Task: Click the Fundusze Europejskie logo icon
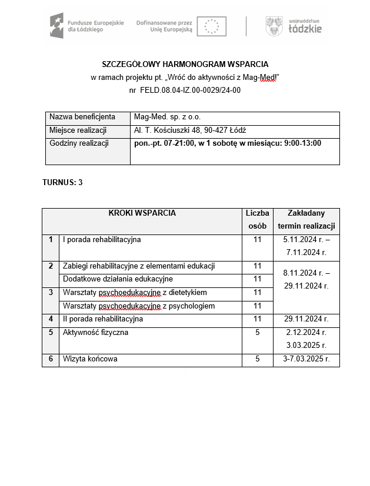(56, 26)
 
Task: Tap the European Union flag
(211, 26)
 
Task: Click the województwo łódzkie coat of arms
(274, 26)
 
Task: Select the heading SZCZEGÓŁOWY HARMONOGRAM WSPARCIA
(185, 64)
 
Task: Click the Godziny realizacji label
(79, 143)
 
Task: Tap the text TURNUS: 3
(62, 182)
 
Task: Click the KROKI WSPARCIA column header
(142, 213)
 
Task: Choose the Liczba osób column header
(257, 220)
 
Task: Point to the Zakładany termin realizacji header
(306, 220)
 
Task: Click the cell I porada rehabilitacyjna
(102, 240)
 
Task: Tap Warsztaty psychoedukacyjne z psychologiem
(138, 306)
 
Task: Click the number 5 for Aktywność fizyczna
(257, 333)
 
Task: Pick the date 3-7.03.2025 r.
(306, 359)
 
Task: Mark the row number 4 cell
(51, 319)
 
